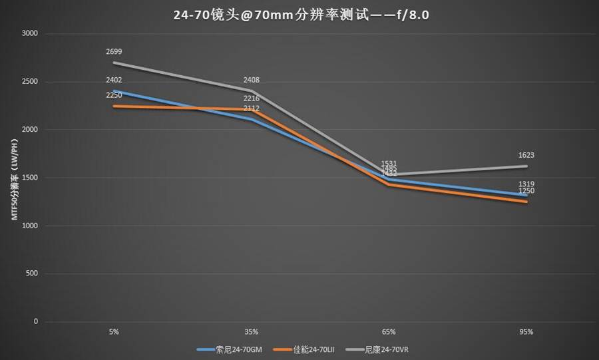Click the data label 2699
pyautogui.click(x=114, y=51)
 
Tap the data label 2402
pyautogui.click(x=114, y=80)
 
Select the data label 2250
pyautogui.click(x=114, y=95)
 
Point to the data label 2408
pyautogui.click(x=252, y=80)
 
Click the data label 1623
pyautogui.click(x=526, y=155)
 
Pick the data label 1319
pyautogui.click(x=526, y=184)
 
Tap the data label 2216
pyautogui.click(x=252, y=98)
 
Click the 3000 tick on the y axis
pyautogui.click(x=30, y=34)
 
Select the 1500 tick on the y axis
pyautogui.click(x=30, y=178)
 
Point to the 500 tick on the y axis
pyautogui.click(x=32, y=273)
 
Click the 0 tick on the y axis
pyautogui.click(x=36, y=321)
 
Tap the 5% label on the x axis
pyautogui.click(x=114, y=331)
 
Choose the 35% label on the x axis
pyautogui.click(x=252, y=331)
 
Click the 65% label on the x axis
pyautogui.click(x=389, y=331)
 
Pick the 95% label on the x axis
pyautogui.click(x=526, y=331)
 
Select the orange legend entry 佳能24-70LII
pyautogui.click(x=310, y=349)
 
